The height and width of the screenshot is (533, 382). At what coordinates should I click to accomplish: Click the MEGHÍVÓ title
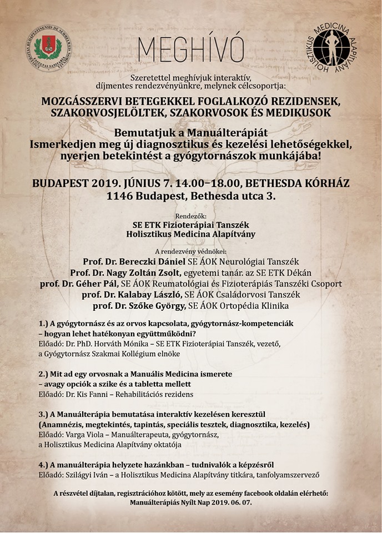[x=190, y=51]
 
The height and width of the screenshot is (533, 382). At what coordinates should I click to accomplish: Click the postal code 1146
[x=120, y=196]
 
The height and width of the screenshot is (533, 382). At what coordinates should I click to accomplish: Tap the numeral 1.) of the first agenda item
[x=44, y=323]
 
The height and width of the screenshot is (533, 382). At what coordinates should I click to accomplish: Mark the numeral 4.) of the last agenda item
[x=44, y=464]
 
